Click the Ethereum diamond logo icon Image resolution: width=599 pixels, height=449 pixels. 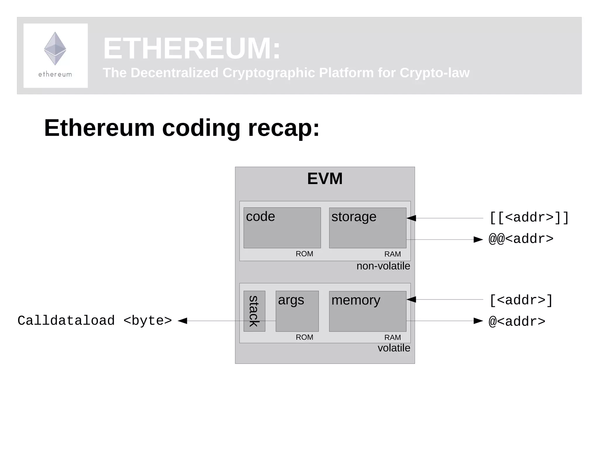[55, 48]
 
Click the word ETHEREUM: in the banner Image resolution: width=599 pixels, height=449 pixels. [192, 48]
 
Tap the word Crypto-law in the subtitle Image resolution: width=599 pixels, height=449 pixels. [434, 73]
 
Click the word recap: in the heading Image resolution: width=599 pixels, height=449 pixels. [284, 128]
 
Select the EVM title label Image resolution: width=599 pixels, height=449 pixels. [325, 178]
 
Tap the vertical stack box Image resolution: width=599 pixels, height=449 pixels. [254, 311]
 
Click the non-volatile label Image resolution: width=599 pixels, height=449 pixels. [383, 266]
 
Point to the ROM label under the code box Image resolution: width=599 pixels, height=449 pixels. [304, 254]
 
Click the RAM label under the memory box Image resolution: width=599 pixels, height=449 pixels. [393, 338]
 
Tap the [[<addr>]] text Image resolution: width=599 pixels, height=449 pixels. [529, 218]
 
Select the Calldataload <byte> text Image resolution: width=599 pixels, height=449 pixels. [95, 321]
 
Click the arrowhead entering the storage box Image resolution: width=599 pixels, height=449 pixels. [411, 218]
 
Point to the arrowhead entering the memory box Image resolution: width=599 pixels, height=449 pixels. [411, 300]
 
